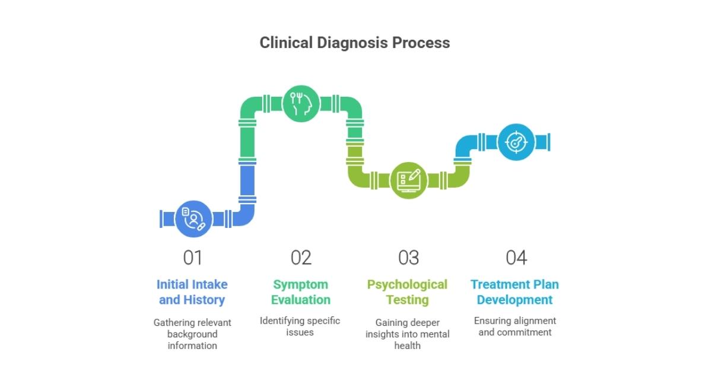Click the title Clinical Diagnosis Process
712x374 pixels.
click(x=355, y=43)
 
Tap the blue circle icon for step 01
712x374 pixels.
click(x=193, y=219)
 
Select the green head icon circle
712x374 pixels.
click(x=301, y=104)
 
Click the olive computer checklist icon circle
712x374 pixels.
click(x=408, y=180)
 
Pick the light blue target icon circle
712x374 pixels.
click(x=515, y=142)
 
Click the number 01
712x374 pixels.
click(x=193, y=258)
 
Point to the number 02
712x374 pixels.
click(x=301, y=258)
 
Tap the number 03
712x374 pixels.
click(x=408, y=258)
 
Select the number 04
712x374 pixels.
click(x=516, y=258)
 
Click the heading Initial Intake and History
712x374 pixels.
click(x=193, y=292)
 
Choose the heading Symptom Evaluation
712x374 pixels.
click(x=301, y=292)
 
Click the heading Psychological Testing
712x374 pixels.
click(x=408, y=292)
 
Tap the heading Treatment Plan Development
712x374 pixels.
click(x=515, y=292)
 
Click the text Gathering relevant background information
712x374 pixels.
click(x=192, y=334)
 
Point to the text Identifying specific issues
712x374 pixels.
click(x=300, y=326)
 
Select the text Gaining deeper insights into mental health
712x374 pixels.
click(x=408, y=334)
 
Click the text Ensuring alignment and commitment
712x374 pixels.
click(x=515, y=326)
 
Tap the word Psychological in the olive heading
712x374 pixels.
click(x=408, y=284)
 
